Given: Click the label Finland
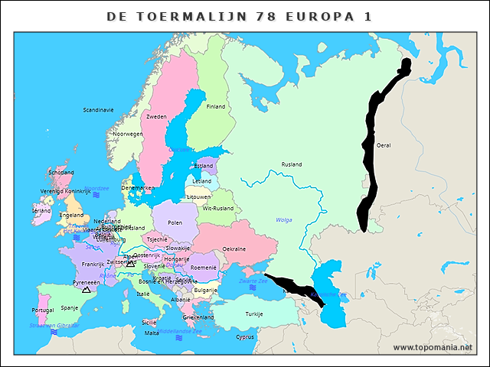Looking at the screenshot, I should tap(216, 107).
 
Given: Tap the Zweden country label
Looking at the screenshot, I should tap(157, 117).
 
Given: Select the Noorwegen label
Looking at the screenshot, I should tap(128, 134).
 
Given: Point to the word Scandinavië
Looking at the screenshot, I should tap(99, 110).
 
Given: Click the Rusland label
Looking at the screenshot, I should tap(292, 164).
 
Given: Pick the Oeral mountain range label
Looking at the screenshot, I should tap(384, 145).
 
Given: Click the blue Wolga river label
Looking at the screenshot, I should tap(284, 220).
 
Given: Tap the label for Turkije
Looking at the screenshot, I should tap(254, 314).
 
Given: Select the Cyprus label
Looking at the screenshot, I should tap(245, 337).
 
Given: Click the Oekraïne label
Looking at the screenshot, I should tap(234, 249).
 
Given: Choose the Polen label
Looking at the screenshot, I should tap(175, 222).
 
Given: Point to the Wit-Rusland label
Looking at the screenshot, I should tap(218, 209).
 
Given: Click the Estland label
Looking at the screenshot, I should tap(204, 166).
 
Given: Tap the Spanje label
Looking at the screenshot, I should tap(70, 308).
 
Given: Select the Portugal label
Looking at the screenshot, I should tap(43, 310).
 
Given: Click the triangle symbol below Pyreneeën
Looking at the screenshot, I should tap(86, 291).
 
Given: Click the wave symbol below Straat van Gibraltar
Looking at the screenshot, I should tap(54, 332).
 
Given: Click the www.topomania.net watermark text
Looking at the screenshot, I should tap(433, 348).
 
